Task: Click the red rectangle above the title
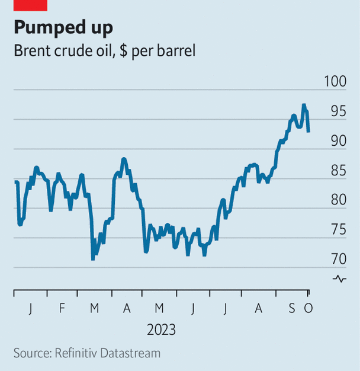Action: click(x=30, y=5)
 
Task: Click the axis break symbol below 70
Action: click(x=339, y=279)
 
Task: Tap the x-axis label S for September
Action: click(x=292, y=308)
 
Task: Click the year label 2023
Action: click(x=162, y=330)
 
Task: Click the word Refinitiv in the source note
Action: click(x=78, y=353)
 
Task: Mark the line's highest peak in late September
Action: click(x=303, y=105)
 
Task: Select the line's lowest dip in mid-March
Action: click(x=93, y=259)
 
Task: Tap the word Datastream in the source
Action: click(x=132, y=353)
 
